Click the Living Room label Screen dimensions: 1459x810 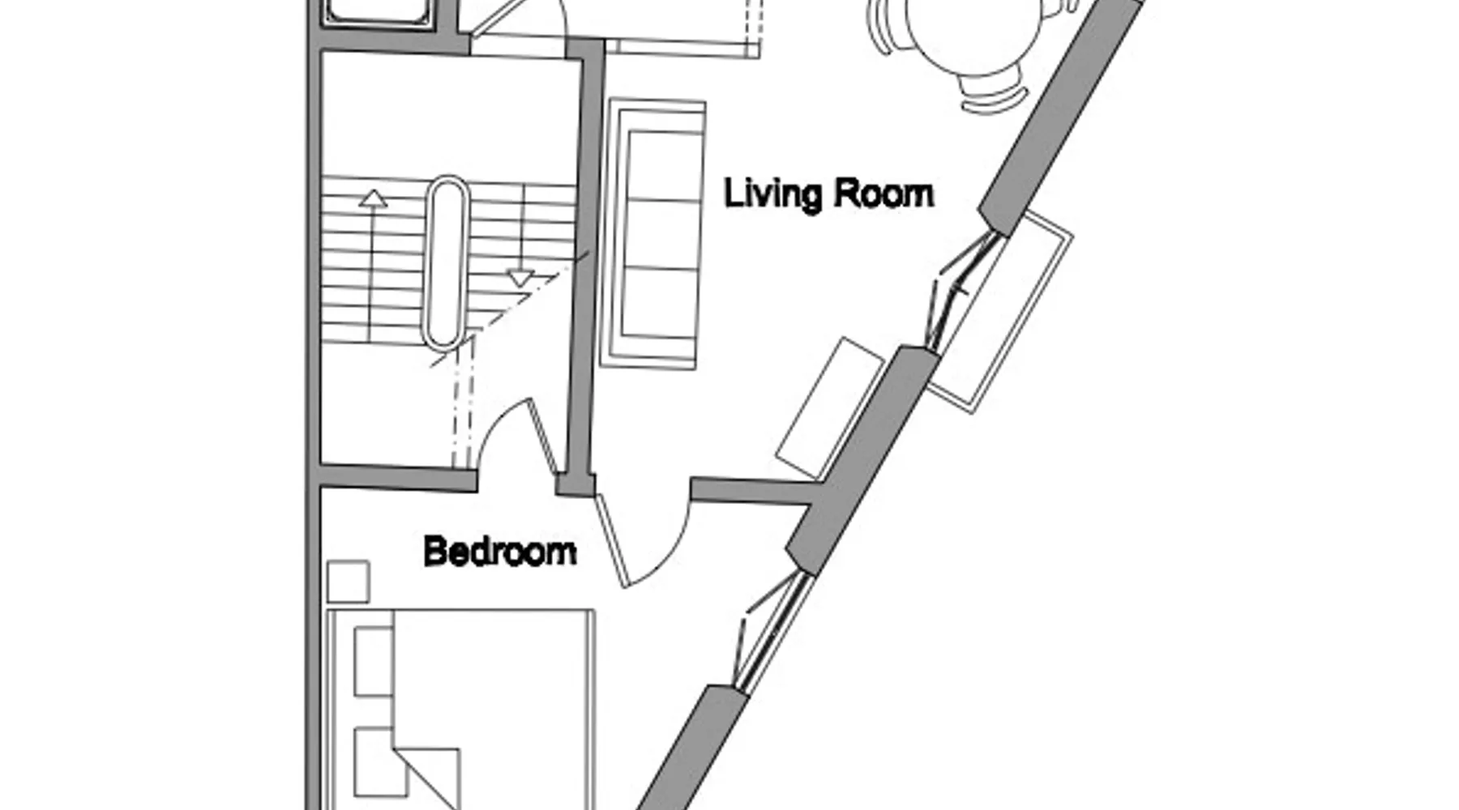828,194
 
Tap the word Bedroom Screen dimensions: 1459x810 500,552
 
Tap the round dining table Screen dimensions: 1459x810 973,32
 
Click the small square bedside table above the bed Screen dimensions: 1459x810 349,582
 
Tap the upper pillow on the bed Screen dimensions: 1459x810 374,661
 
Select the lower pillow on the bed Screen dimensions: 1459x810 379,762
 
